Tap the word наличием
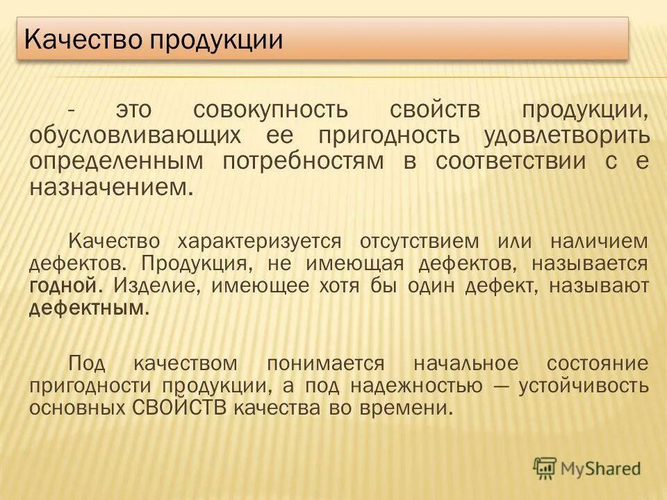(x=600, y=241)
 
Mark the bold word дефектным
(x=88, y=308)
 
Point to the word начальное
(x=466, y=363)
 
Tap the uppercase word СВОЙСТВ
(x=179, y=407)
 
